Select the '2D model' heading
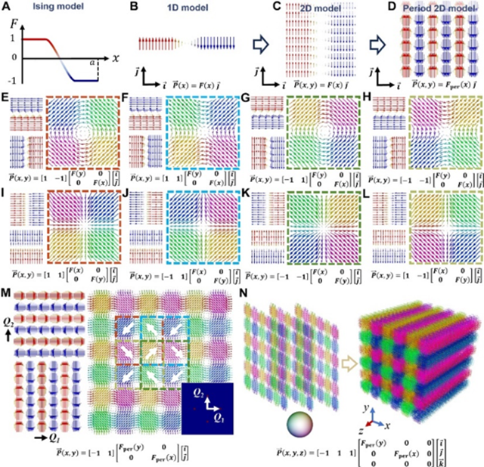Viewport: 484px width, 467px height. coord(307,11)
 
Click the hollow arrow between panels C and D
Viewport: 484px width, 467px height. coord(369,45)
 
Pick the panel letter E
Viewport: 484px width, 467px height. coord(7,98)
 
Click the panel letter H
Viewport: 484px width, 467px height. coord(371,98)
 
